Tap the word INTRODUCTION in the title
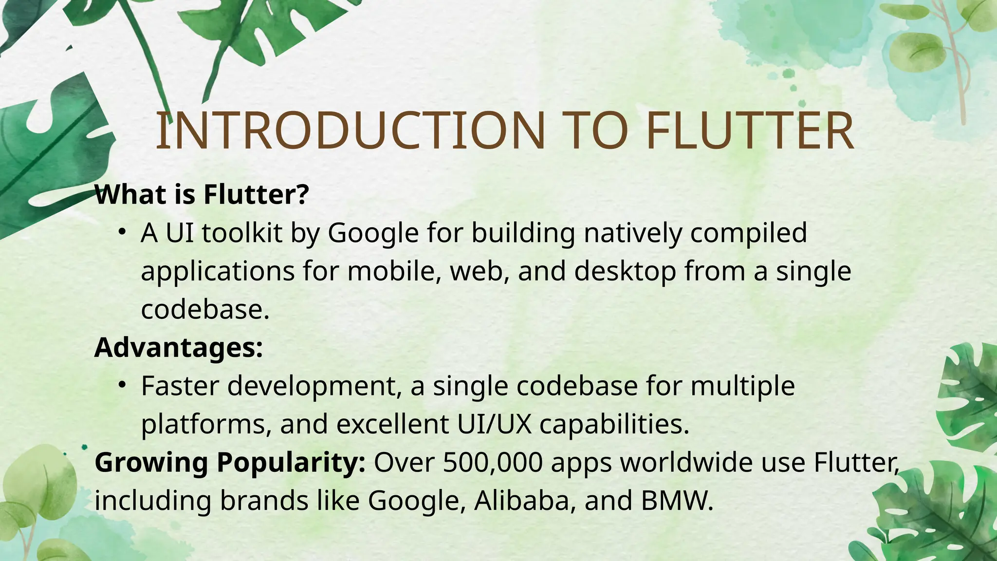click(351, 131)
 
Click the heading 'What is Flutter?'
click(202, 194)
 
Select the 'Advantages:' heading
click(179, 348)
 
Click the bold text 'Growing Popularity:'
click(230, 462)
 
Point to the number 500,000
click(493, 462)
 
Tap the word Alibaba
click(522, 500)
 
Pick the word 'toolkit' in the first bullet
click(242, 233)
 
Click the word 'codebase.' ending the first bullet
click(205, 309)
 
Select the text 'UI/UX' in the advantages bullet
click(494, 424)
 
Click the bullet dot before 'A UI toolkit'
click(122, 232)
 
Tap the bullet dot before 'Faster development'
click(122, 386)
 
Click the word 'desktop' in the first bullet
click(625, 271)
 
